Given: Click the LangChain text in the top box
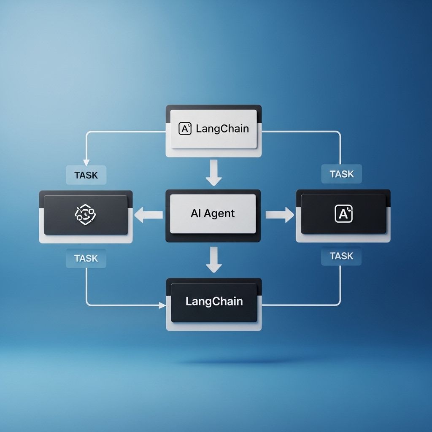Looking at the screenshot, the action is pos(222,129).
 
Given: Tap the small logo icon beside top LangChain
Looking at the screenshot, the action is pos(185,128).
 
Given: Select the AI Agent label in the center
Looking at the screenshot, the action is pos(213,213).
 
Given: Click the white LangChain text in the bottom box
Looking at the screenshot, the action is pos(214,301).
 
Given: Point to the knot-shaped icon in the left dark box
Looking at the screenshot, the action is pos(85,214).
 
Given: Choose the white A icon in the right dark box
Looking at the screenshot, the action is pos(343,213).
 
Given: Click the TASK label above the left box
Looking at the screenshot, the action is pos(86,175).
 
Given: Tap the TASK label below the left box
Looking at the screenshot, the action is pos(86,259).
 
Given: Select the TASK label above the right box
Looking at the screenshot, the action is pos(342,174).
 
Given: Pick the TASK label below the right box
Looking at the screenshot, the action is pos(341,256).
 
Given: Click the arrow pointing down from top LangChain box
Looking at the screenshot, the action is pos(214,173).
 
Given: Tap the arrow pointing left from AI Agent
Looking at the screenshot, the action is pos(148,215).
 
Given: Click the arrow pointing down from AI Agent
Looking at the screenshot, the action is pos(214,260).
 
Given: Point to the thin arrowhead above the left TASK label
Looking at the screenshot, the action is pos(86,162).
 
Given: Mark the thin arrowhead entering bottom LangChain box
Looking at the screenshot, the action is pos(162,305).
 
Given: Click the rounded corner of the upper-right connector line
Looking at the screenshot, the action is pos(338,134).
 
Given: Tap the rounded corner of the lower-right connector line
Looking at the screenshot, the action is pos(338,303).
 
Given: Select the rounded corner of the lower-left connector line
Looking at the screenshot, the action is pos(89,303).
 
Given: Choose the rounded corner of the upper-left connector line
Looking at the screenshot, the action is pos(89,134).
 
